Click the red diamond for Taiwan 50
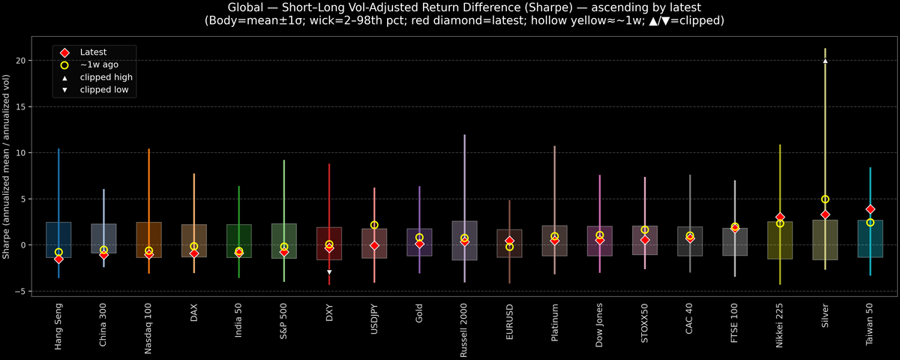[x=870, y=209]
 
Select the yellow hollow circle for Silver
[x=825, y=199]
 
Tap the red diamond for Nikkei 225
[x=780, y=217]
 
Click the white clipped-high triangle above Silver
[x=825, y=61]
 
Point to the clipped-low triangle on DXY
[x=329, y=271]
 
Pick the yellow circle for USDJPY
[x=374, y=225]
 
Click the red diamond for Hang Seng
[x=58, y=259]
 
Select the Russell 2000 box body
[x=464, y=240]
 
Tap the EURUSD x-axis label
[x=509, y=323]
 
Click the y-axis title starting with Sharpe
[x=7, y=166]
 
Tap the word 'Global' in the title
[x=244, y=7]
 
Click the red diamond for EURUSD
[x=509, y=241]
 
